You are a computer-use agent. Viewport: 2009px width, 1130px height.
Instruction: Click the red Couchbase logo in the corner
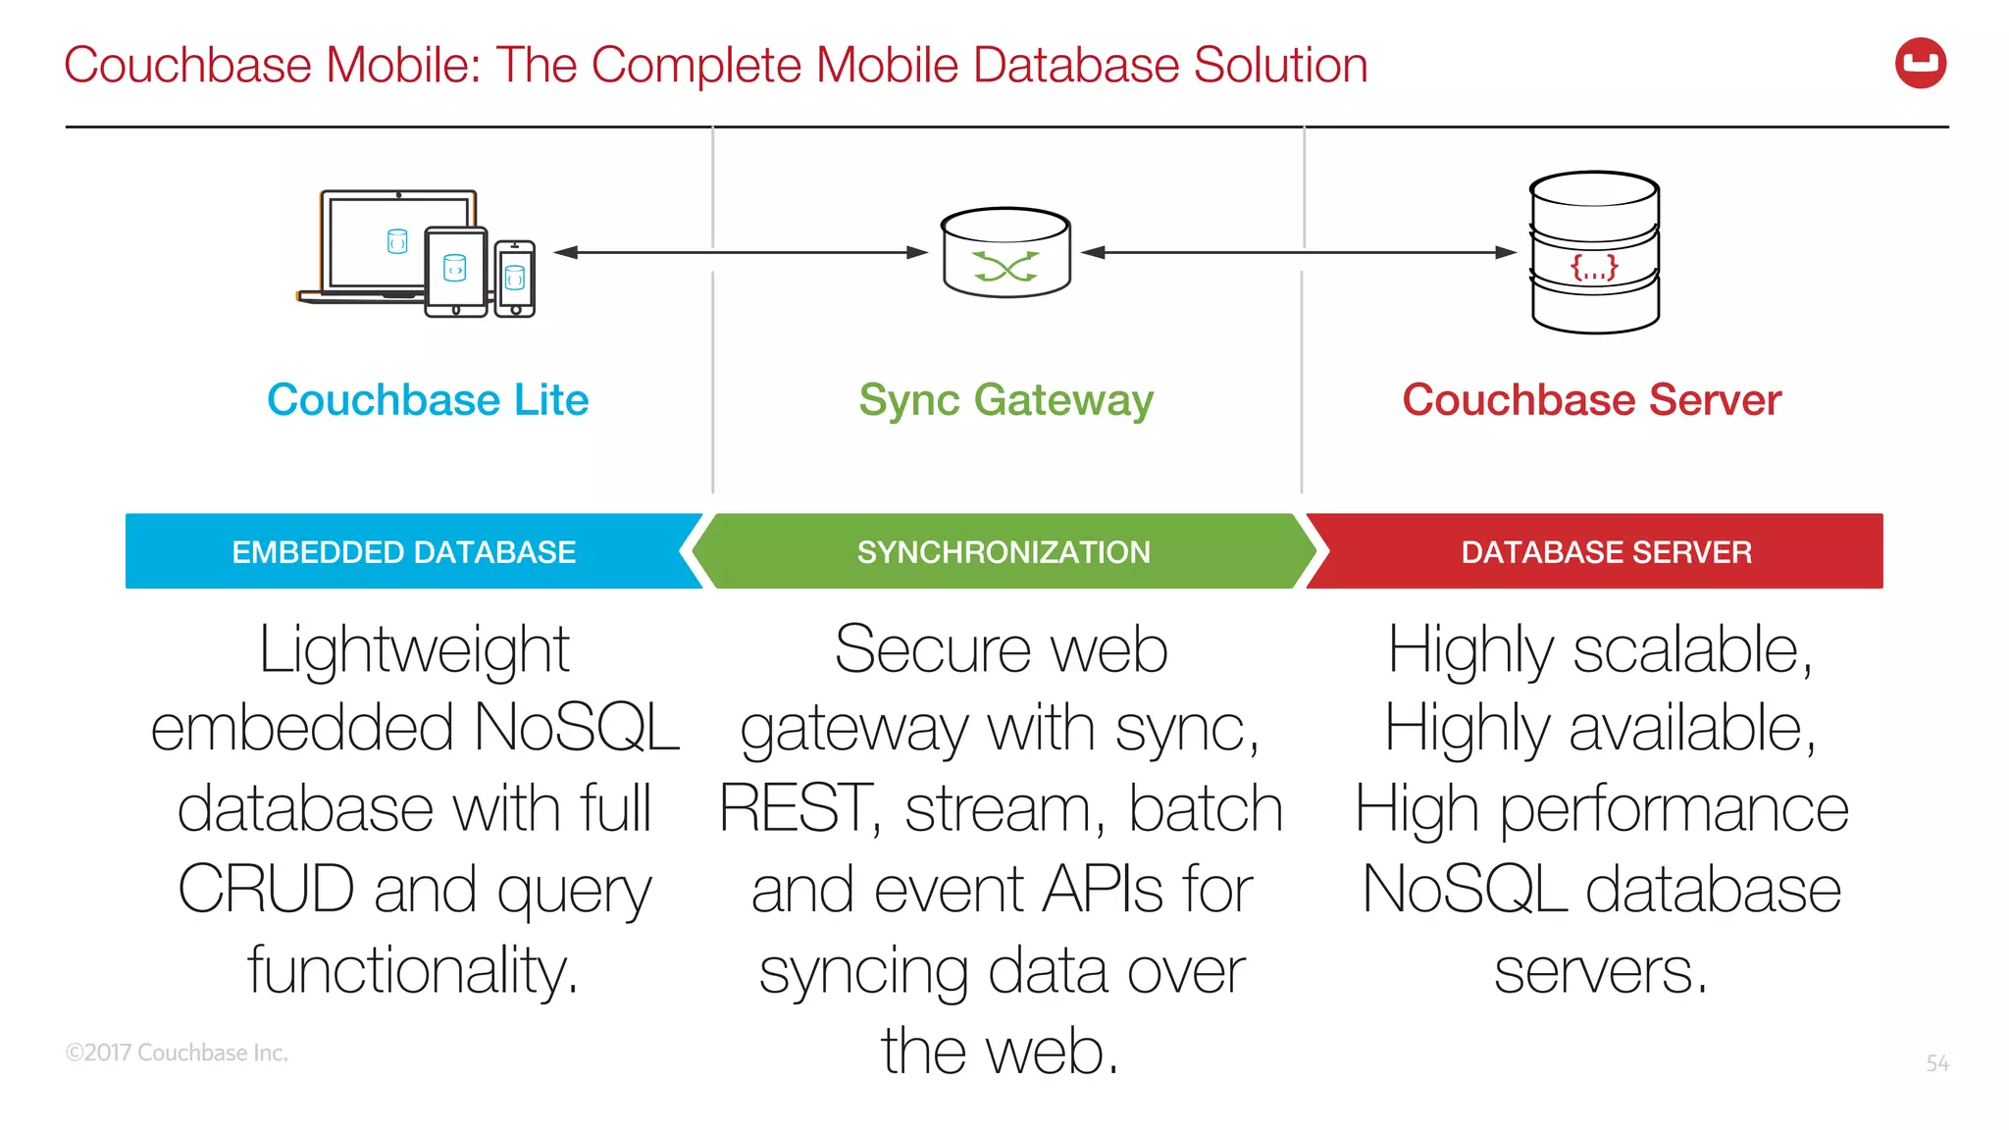coord(1920,64)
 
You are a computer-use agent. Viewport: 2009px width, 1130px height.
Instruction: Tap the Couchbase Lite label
coord(428,400)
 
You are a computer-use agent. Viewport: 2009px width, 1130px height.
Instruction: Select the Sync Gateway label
coord(1005,400)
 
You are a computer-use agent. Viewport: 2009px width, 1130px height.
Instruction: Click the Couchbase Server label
coord(1591,400)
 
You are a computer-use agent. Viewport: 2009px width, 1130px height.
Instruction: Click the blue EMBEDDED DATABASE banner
coord(404,552)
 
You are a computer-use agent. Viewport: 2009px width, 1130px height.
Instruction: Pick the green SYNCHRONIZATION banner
coord(1004,552)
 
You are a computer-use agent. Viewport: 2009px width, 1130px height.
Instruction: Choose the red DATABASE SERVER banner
coord(1606,552)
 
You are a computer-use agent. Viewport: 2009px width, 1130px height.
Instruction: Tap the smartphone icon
coord(515,280)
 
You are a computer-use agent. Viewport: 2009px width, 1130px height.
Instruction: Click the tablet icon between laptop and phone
coord(456,272)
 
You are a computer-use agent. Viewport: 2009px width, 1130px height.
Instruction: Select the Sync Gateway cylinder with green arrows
coord(1005,253)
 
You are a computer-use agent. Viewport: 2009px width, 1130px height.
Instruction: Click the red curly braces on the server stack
coord(1594,267)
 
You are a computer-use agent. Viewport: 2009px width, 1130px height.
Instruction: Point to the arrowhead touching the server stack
coord(1506,252)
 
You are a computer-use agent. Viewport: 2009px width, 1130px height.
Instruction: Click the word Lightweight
coord(414,649)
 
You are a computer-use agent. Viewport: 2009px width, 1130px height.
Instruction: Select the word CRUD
coord(266,890)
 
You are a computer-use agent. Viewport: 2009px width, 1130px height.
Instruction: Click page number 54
coord(1937,1063)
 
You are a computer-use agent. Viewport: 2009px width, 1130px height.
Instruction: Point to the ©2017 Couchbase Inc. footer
coord(177,1053)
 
